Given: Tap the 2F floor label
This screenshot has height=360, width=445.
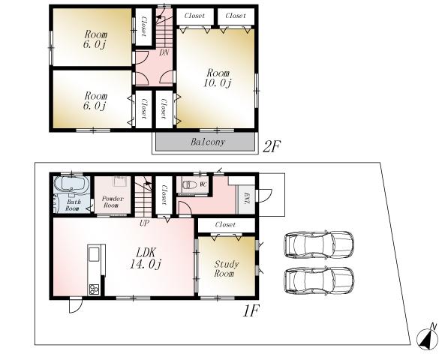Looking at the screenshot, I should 272,146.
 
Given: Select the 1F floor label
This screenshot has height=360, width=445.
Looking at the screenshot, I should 251,310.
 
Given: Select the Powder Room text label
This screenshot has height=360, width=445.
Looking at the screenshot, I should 111,201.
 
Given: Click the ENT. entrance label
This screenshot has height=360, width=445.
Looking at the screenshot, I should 247,198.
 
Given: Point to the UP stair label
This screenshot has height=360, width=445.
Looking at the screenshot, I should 143,222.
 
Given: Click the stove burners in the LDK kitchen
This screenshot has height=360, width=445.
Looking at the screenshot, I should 94,289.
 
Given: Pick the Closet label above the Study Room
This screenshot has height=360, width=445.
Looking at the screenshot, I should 225,225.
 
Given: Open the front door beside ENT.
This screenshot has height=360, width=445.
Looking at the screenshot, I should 263,195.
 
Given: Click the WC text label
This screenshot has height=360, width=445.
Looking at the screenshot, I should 203,182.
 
